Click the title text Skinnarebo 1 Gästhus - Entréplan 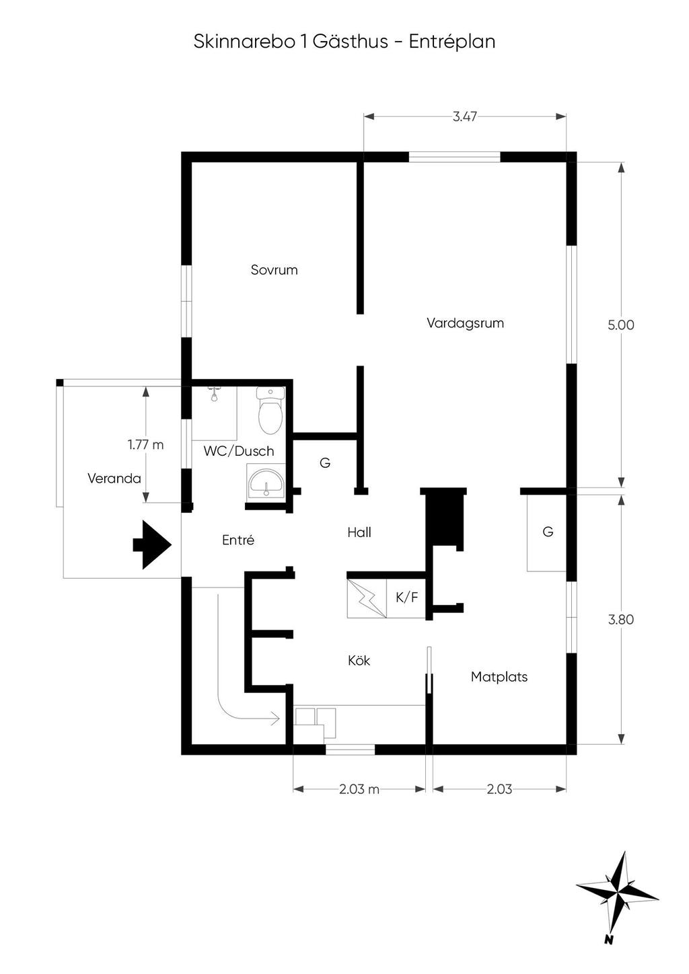click(x=344, y=42)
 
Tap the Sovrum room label click(x=274, y=270)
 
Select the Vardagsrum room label click(x=465, y=323)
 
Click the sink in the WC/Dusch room click(x=266, y=482)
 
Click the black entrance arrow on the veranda click(x=151, y=544)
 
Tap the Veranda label click(x=114, y=479)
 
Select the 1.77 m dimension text click(x=145, y=445)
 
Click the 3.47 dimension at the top click(x=464, y=117)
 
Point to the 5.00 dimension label click(x=620, y=325)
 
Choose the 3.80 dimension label click(x=620, y=620)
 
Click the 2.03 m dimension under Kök click(x=359, y=789)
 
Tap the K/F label click(x=407, y=597)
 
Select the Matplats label click(x=499, y=677)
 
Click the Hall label click(x=359, y=533)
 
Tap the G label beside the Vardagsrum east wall click(x=548, y=532)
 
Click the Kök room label click(x=359, y=661)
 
